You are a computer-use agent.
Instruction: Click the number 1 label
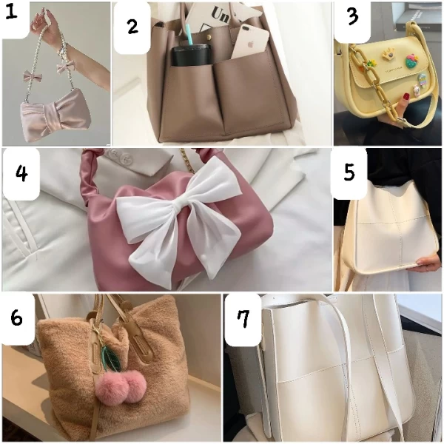point(12,12)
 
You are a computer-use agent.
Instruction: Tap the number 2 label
point(132,27)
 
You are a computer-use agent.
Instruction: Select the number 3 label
point(352,17)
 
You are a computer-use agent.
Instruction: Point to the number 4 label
point(21,173)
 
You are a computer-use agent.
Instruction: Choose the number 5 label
point(349,172)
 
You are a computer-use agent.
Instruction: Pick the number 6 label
point(17,317)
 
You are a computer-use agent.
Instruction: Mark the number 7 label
point(243,319)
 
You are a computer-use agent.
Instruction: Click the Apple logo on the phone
point(251,44)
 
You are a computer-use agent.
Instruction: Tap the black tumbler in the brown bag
point(187,55)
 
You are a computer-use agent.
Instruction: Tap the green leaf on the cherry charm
point(111,358)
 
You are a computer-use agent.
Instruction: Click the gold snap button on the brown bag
point(211,37)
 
